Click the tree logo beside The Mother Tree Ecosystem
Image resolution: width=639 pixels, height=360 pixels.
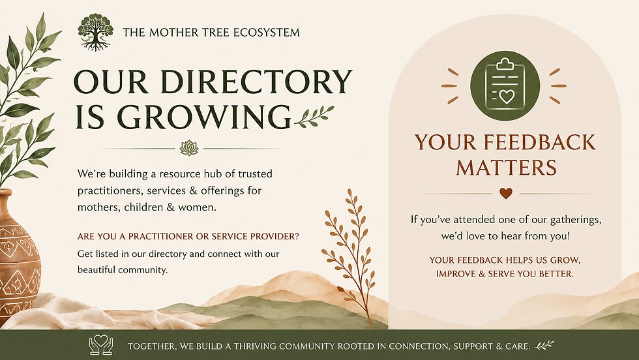[95, 32]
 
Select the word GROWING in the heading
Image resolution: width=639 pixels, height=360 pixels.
[204, 117]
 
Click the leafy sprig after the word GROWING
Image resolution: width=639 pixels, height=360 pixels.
[314, 116]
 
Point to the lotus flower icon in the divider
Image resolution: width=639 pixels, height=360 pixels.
[188, 148]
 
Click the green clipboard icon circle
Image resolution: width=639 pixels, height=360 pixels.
[505, 85]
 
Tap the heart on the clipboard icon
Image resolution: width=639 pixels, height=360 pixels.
[507, 97]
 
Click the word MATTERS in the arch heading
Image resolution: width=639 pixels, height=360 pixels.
[506, 168]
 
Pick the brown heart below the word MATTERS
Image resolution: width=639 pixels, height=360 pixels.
[506, 193]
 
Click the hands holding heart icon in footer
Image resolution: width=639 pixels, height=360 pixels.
[100, 345]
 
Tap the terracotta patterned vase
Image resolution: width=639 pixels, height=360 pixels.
[18, 257]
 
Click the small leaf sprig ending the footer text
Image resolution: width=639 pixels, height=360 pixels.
[544, 346]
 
